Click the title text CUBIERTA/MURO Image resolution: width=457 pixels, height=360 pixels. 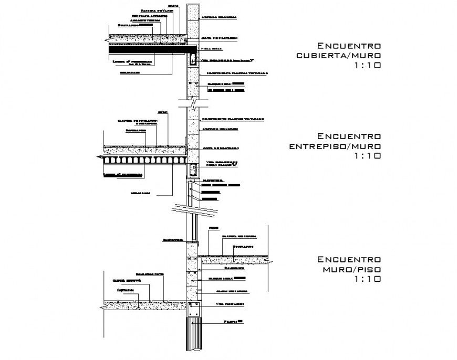coord(338,56)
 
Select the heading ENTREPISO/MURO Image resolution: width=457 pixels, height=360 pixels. coord(335,146)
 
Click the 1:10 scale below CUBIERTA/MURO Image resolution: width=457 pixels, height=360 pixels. coord(367,66)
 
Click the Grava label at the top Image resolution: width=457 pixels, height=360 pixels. coord(175,6)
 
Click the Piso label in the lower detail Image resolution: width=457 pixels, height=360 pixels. coord(213,228)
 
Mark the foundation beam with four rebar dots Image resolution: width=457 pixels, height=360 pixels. coord(193,309)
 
